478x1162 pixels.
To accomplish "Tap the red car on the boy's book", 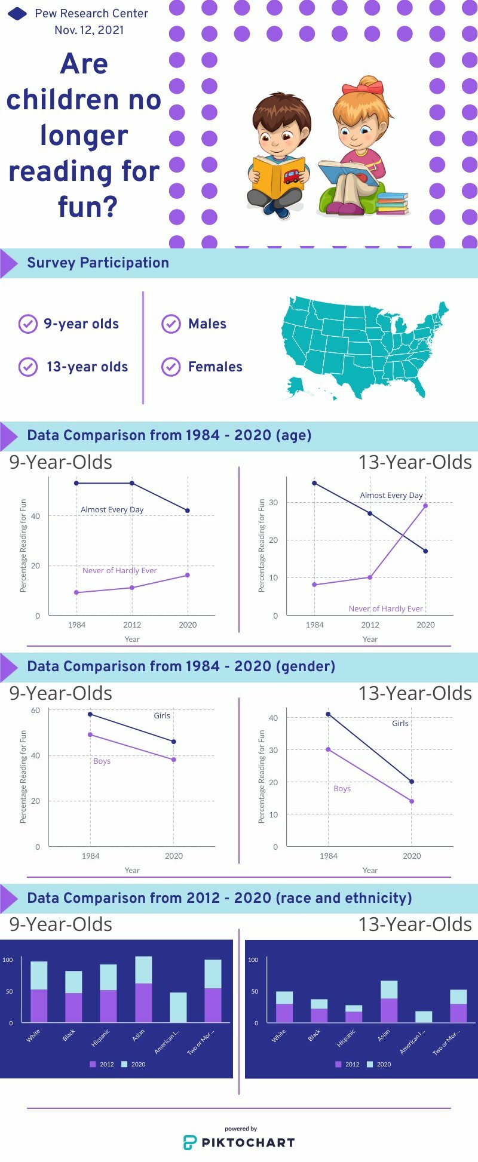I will [x=292, y=176].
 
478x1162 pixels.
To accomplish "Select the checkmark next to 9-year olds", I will [x=27, y=324].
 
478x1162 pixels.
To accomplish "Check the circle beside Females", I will [x=171, y=367].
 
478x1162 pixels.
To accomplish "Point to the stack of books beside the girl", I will [x=392, y=203].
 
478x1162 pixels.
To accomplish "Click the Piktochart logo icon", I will [x=189, y=1142].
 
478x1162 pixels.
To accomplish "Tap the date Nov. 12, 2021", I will [x=89, y=30].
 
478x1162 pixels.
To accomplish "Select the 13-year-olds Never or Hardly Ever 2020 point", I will [x=425, y=506].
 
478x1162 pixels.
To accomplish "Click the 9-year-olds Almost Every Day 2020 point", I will [x=188, y=511].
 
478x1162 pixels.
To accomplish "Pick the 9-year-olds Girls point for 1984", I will [x=90, y=714].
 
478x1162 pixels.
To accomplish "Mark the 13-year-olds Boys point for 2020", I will [x=412, y=801].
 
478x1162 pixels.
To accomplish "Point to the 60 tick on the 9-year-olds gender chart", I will [x=36, y=711].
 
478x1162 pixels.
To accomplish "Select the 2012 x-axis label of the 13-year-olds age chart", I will [x=370, y=625].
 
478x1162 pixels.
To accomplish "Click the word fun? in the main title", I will [x=87, y=207].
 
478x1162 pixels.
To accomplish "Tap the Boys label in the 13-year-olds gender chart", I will [x=342, y=789].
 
